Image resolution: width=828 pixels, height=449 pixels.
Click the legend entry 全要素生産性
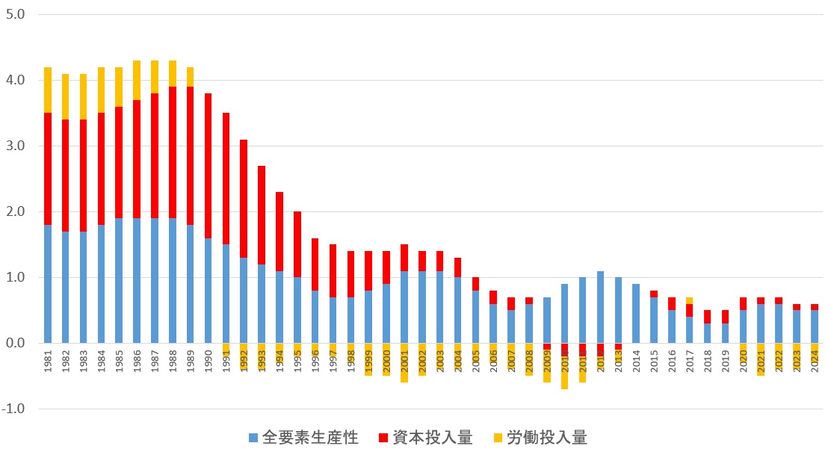pos(303,438)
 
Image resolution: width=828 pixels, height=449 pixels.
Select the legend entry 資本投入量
pos(430,438)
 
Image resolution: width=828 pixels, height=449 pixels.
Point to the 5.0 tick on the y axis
pos(15,14)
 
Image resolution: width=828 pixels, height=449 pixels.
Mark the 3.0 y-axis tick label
pos(15,146)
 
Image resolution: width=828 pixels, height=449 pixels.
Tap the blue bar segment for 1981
pos(48,284)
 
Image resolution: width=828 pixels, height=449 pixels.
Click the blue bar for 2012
pos(600,307)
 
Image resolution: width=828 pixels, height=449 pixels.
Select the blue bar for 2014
pos(636,314)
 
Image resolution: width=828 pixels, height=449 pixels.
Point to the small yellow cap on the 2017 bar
pos(689,300)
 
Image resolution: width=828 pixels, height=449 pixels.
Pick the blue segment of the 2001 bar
pos(404,307)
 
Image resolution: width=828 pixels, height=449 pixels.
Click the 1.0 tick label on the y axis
pos(15,277)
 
